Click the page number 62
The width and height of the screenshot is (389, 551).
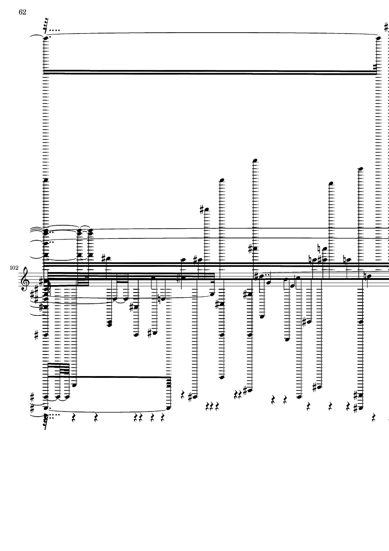point(22,13)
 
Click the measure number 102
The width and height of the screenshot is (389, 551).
point(13,268)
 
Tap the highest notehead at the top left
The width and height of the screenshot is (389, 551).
point(46,39)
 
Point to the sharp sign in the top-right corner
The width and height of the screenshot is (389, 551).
point(386,27)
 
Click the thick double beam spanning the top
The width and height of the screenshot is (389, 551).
point(210,72)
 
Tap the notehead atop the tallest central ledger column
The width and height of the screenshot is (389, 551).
point(254,161)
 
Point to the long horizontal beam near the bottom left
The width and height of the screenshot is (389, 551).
point(109,376)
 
